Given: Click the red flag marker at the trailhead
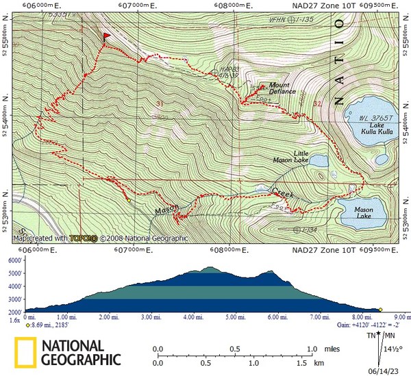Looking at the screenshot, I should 107,37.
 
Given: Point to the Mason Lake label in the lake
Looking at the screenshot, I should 362,216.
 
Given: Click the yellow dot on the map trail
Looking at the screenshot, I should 129,201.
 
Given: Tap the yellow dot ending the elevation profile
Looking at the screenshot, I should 380,310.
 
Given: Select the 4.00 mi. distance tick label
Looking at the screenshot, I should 194,317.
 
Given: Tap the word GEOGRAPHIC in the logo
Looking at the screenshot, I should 81,360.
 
